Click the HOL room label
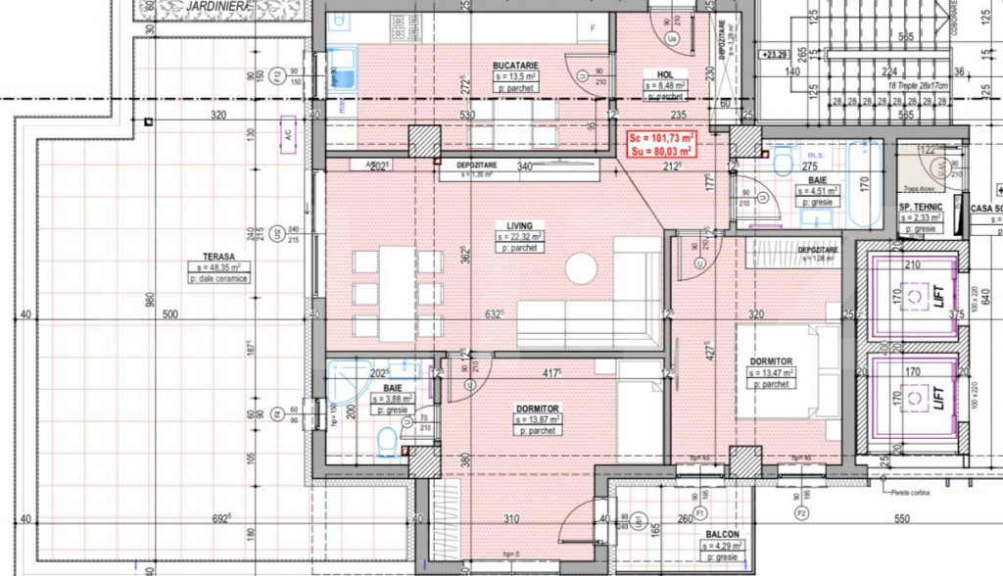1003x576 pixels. (663, 74)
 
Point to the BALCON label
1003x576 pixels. (721, 535)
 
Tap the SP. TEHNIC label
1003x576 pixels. (920, 208)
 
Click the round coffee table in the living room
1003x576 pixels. (582, 267)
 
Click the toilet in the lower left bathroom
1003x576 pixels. (388, 446)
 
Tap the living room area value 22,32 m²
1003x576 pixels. (520, 236)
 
